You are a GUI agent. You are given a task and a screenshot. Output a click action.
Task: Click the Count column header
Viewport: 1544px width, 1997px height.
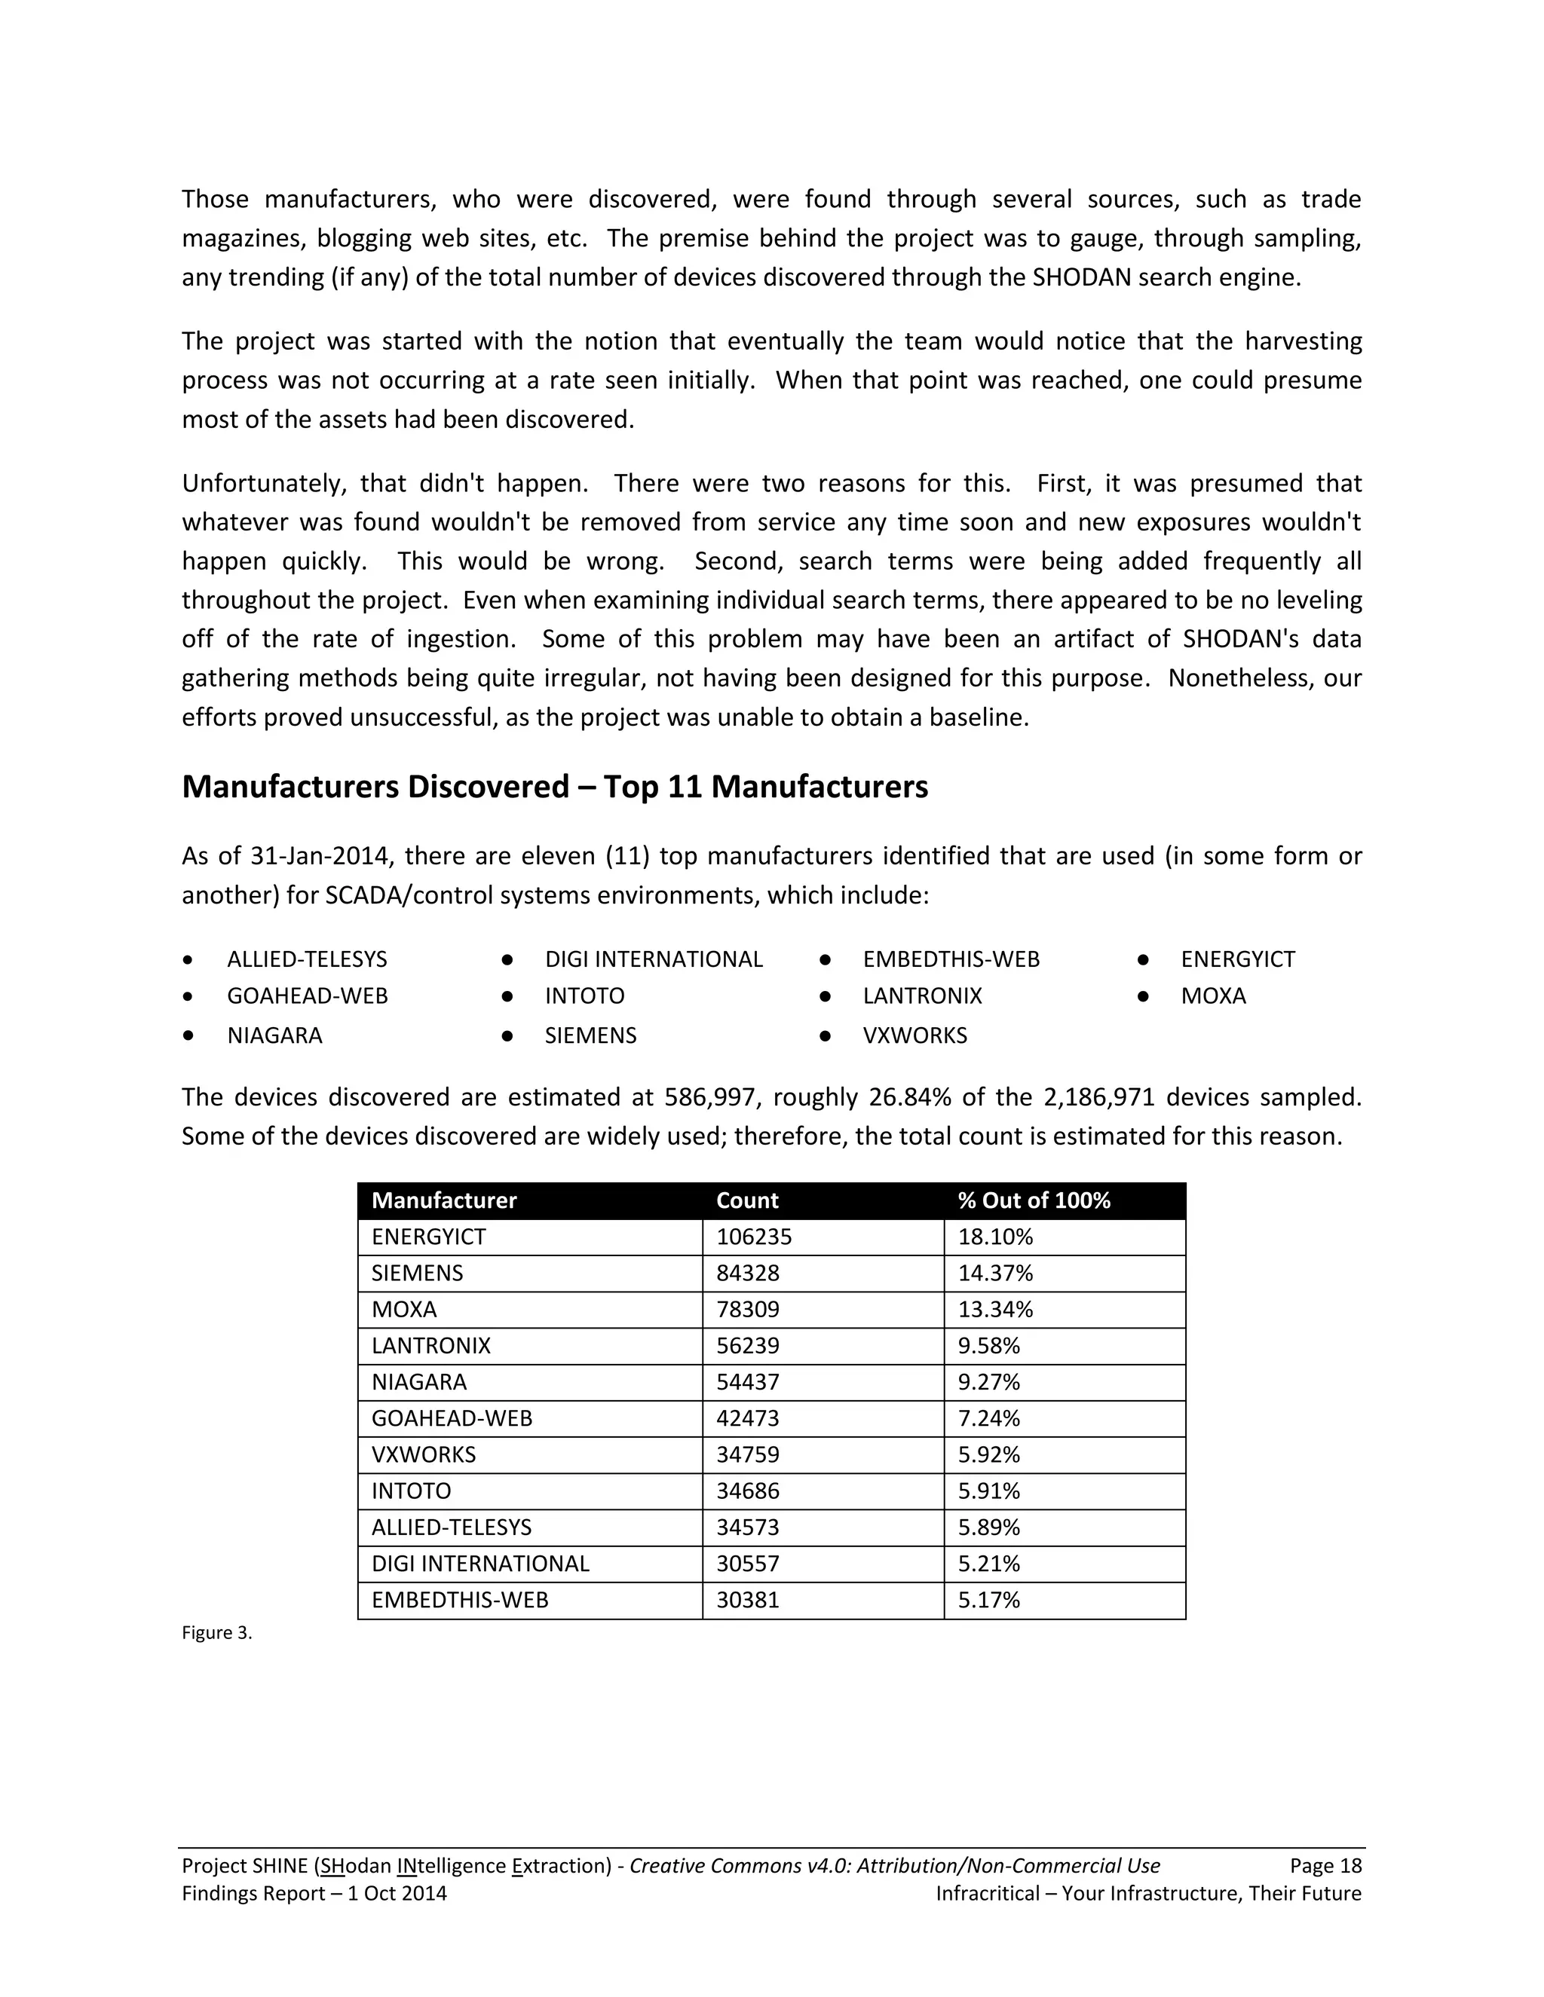[x=746, y=1200]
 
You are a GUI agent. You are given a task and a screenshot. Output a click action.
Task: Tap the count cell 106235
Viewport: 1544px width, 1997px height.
[x=754, y=1237]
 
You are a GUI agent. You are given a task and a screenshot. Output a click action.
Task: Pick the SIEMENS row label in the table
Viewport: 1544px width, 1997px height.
[x=417, y=1274]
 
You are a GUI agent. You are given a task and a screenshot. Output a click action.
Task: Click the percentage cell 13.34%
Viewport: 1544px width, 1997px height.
[x=995, y=1310]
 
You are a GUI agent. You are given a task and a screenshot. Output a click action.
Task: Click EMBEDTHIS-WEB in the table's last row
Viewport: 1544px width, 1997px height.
[x=459, y=1600]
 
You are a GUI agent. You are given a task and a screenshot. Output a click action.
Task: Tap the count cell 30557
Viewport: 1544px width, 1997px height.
[x=747, y=1564]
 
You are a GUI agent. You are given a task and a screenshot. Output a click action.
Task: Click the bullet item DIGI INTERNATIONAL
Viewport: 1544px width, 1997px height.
[x=653, y=959]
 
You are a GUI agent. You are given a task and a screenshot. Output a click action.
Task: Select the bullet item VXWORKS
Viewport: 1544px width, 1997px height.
[x=914, y=1036]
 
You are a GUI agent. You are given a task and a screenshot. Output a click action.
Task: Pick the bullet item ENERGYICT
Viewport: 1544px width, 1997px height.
[x=1238, y=959]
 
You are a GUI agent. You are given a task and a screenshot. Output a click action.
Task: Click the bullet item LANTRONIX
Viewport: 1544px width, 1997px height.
[x=922, y=995]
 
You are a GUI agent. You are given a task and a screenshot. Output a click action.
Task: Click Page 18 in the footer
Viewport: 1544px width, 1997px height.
[x=1325, y=1866]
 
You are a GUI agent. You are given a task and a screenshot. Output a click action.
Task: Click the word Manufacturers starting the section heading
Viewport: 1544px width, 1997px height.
[x=290, y=787]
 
